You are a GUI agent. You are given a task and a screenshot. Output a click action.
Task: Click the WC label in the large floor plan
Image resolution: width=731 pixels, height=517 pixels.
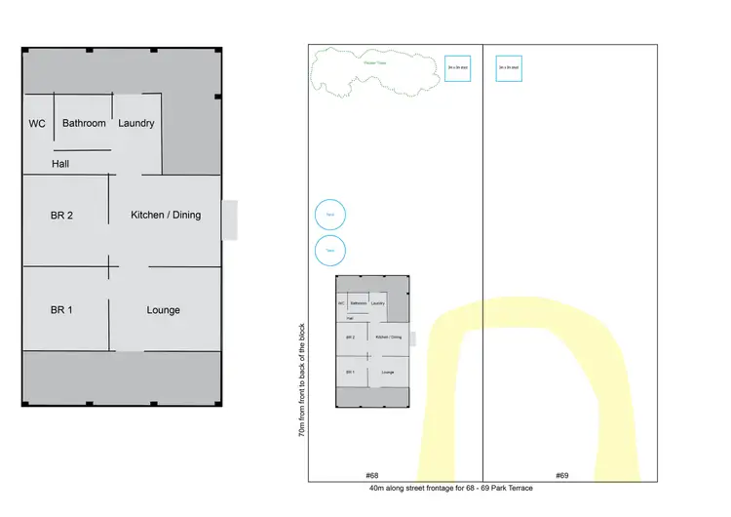[x=37, y=124]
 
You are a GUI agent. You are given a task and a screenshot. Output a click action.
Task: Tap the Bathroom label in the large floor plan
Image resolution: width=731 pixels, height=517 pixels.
[x=84, y=124]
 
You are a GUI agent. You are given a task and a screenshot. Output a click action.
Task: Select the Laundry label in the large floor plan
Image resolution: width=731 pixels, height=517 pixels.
[x=136, y=124]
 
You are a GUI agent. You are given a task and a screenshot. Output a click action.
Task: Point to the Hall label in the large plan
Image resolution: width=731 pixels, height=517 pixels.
[x=60, y=164]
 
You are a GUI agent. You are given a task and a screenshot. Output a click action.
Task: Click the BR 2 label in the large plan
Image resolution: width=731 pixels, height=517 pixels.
[x=61, y=216]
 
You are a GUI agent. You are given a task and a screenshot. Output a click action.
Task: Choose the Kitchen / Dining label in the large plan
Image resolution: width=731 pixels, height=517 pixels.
[x=166, y=215]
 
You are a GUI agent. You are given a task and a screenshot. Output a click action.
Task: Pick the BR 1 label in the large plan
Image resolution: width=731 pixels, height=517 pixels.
[x=61, y=310]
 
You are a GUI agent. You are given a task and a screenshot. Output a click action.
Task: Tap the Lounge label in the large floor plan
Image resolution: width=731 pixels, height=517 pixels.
[x=163, y=310]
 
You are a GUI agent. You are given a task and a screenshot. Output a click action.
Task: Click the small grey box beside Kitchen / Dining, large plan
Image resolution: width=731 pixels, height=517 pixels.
[x=229, y=220]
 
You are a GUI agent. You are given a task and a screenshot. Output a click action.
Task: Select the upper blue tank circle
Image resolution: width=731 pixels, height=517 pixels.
[x=330, y=216]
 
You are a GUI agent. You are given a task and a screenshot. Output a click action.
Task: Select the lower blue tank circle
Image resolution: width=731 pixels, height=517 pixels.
[x=330, y=250]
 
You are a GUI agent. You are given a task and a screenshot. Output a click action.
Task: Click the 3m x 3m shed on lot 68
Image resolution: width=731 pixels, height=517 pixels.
[x=458, y=67]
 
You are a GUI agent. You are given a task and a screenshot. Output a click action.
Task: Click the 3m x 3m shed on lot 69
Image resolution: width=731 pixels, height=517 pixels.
[x=509, y=67]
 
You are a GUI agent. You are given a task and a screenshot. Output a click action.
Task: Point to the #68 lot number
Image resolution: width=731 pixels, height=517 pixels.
[x=370, y=475]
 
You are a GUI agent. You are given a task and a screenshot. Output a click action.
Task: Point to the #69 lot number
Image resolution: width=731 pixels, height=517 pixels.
[x=561, y=475]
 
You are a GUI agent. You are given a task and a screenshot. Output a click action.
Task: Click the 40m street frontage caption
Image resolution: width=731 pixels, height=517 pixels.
[x=450, y=488]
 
